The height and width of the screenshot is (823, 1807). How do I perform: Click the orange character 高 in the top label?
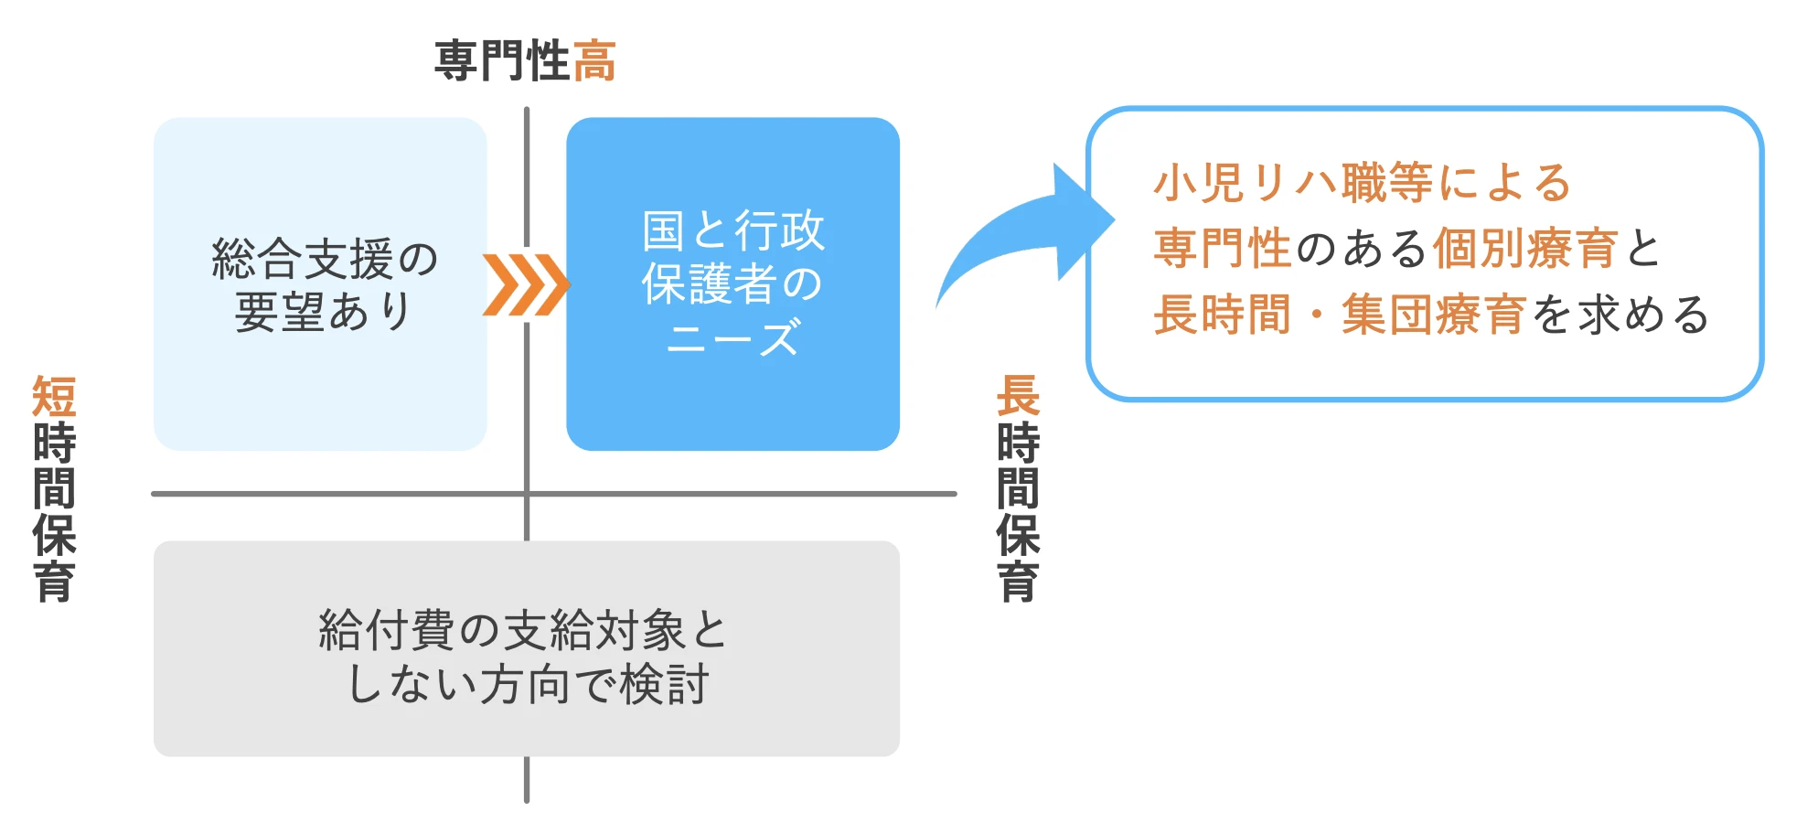click(594, 61)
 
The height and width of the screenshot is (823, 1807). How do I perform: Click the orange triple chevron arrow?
click(526, 284)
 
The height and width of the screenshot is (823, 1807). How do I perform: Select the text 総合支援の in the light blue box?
click(325, 259)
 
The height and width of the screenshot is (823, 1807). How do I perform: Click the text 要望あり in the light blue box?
click(325, 312)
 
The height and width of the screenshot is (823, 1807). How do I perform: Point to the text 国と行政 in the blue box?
click(733, 230)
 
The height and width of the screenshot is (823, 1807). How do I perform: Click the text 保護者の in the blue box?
click(733, 284)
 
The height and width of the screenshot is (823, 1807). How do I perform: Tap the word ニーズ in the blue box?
click(733, 338)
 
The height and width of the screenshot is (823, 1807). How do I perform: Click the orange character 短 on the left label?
click(54, 397)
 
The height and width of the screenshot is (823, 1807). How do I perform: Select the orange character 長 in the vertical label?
click(1018, 397)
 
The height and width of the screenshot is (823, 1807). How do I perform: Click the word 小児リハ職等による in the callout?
click(1363, 183)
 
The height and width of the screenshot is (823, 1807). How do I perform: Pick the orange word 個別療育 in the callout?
click(1525, 249)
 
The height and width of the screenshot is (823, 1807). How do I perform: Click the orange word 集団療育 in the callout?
click(1434, 315)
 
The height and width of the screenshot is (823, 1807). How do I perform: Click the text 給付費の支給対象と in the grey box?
click(523, 630)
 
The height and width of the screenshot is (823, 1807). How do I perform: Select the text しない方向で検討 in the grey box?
click(528, 684)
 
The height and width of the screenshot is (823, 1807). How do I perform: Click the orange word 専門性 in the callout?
click(1223, 249)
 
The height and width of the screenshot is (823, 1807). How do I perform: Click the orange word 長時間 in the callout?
click(1223, 315)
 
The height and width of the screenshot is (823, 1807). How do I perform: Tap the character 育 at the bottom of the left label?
click(54, 582)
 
